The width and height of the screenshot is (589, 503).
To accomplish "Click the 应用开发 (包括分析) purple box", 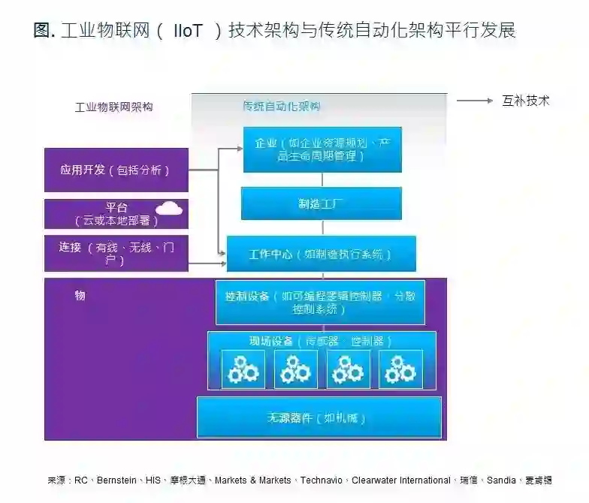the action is coord(115,170).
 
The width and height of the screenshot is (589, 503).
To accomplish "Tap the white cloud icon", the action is coord(169,208).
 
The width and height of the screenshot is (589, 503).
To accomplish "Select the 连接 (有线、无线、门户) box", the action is coord(115,253).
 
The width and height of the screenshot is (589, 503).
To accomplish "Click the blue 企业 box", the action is coord(322,149).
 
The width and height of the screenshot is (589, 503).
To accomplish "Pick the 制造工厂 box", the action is coord(321,203).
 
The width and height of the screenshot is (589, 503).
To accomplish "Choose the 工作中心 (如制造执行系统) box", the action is coord(321,254).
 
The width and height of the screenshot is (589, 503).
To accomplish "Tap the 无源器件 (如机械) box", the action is coord(319,417).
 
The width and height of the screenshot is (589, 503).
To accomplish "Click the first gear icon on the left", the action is coord(243,369).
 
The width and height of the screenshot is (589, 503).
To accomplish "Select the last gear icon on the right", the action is coord(400,369).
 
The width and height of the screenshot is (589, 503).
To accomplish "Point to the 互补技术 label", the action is coord(526,101).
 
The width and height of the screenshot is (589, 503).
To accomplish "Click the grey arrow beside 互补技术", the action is coord(474,101).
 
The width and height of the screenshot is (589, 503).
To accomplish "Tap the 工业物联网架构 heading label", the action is coord(113,107).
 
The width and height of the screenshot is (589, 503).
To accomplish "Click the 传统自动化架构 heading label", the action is coord(281,106).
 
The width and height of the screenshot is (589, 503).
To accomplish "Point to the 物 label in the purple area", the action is coord(80,296).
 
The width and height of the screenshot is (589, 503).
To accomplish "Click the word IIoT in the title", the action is coord(188,32).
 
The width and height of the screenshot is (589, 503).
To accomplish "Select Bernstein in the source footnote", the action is coord(117,480).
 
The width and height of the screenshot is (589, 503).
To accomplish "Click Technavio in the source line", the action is coord(322,480).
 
